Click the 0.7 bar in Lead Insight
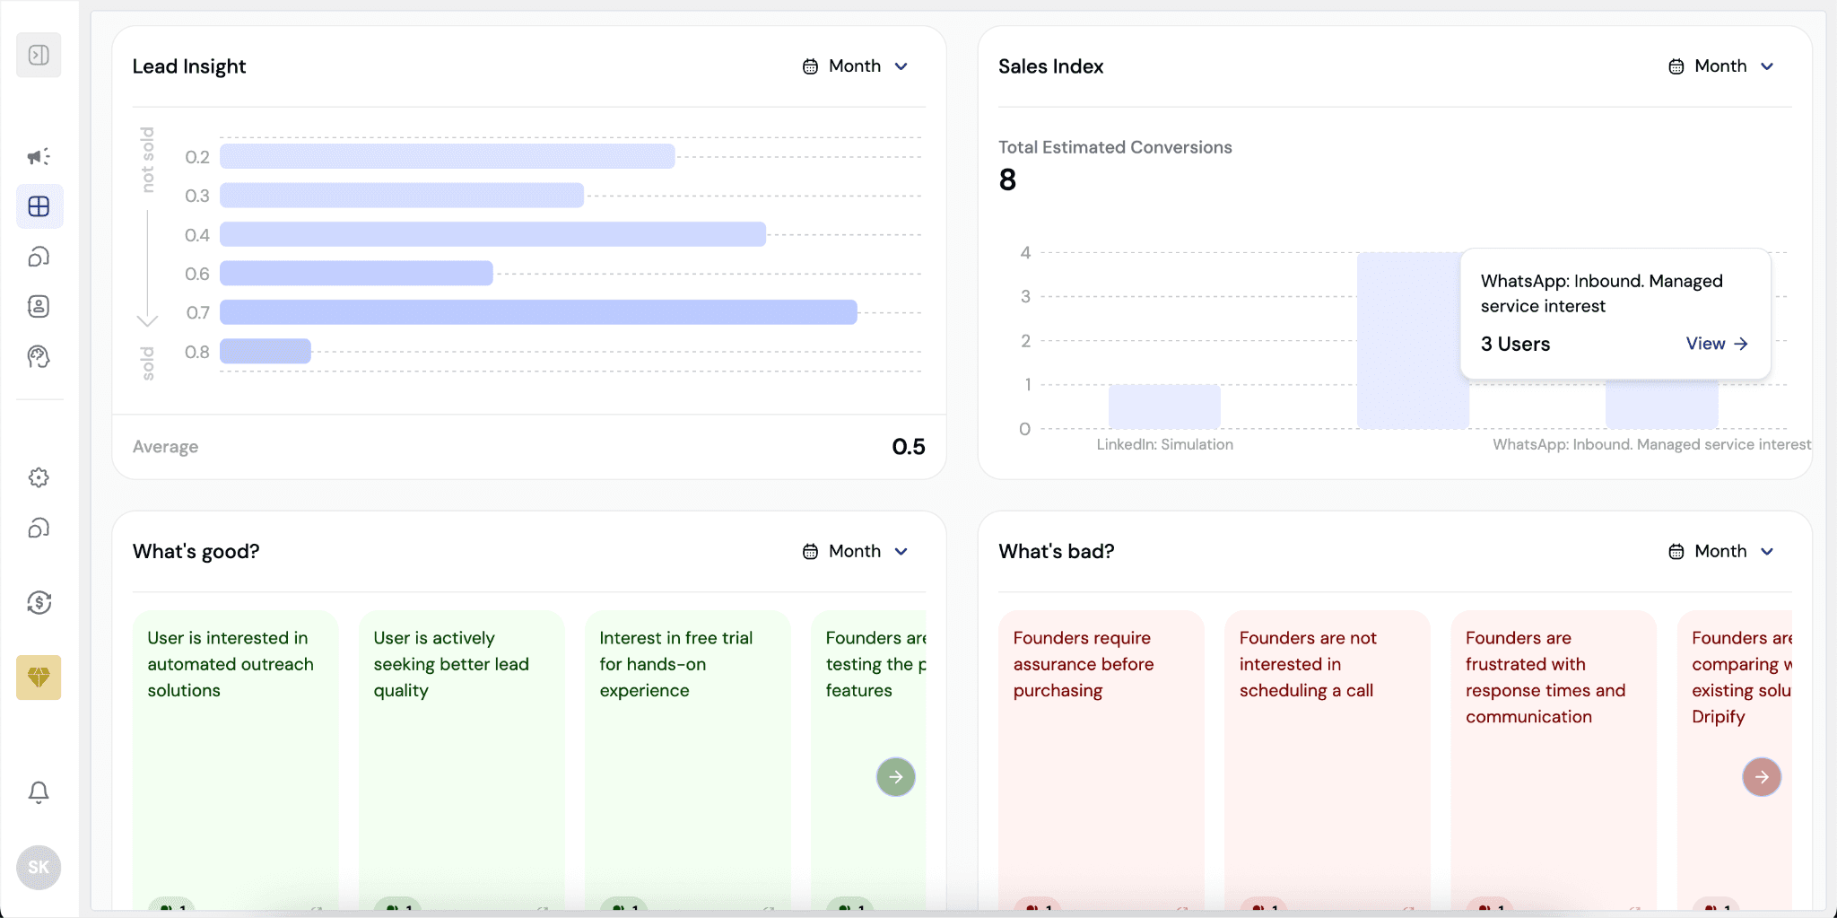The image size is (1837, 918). point(538,312)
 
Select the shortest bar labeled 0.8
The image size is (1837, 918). point(266,352)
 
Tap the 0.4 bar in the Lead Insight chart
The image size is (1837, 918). point(492,234)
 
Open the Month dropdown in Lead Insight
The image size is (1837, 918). point(856,66)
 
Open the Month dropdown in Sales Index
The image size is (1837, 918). point(1721,66)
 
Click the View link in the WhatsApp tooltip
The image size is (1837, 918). point(1716,344)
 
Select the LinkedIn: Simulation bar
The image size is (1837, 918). point(1164,407)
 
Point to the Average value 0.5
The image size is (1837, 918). point(908,447)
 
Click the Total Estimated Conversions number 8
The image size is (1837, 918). point(1008,180)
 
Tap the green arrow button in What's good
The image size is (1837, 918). point(895,777)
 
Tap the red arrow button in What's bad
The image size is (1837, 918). point(1761,777)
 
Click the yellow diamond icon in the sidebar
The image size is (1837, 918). point(39,678)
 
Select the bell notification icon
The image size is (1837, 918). point(39,792)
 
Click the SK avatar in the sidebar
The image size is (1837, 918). point(39,868)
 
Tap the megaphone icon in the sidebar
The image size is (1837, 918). point(39,157)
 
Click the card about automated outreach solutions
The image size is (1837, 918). point(235,718)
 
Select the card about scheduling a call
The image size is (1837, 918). point(1327,718)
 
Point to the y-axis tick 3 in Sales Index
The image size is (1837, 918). point(1025,297)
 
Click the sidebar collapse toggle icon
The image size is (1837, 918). point(39,56)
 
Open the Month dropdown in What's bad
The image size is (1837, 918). point(1721,551)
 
